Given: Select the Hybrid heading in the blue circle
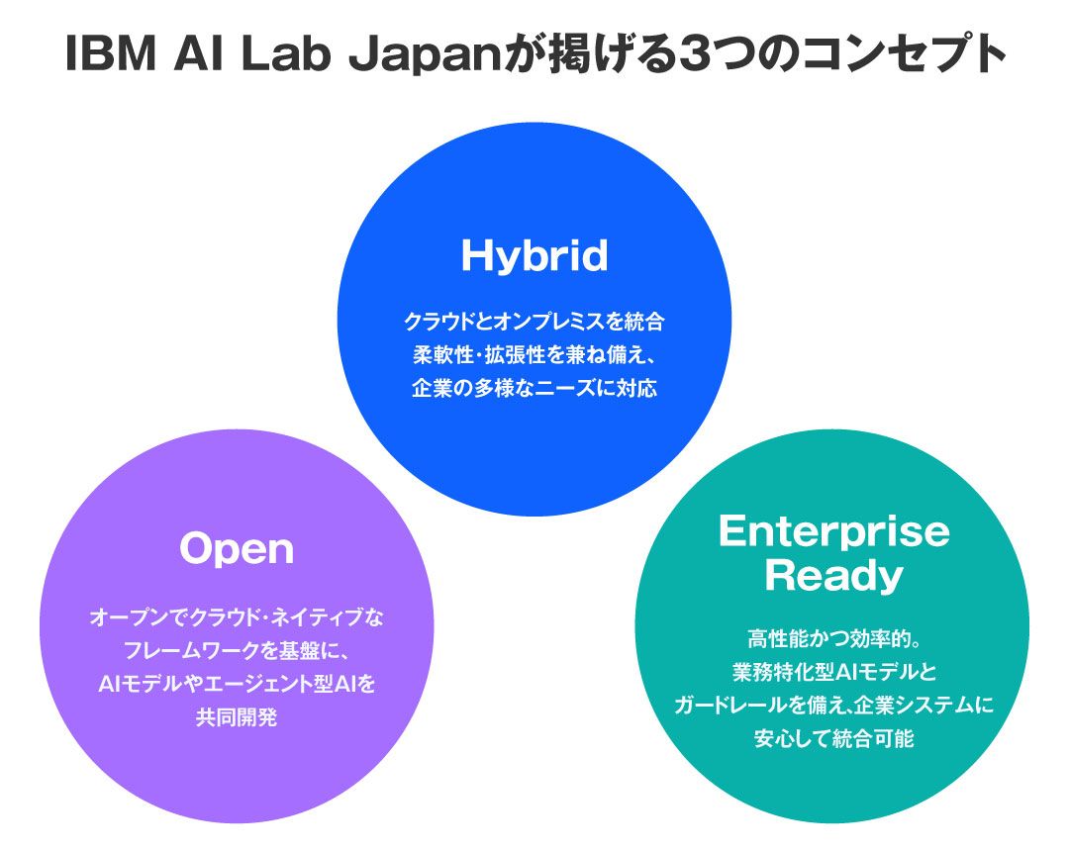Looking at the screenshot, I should coord(534,256).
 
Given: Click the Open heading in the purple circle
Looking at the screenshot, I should coord(237,549).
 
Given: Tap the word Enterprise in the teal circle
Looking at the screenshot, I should coord(833,531).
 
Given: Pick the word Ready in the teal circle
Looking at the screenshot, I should coord(833,576).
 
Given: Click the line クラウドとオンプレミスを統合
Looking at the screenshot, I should coord(534,322).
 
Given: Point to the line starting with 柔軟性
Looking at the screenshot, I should coord(534,354).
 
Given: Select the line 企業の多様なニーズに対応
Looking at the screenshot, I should coord(534,387).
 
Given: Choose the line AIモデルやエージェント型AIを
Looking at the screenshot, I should coord(237,684).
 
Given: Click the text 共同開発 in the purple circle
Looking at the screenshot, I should coord(237,716).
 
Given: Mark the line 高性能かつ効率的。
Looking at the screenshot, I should coord(833,639).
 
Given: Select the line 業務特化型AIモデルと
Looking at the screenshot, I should coord(833,672).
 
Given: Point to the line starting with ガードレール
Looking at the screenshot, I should coord(833,705).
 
